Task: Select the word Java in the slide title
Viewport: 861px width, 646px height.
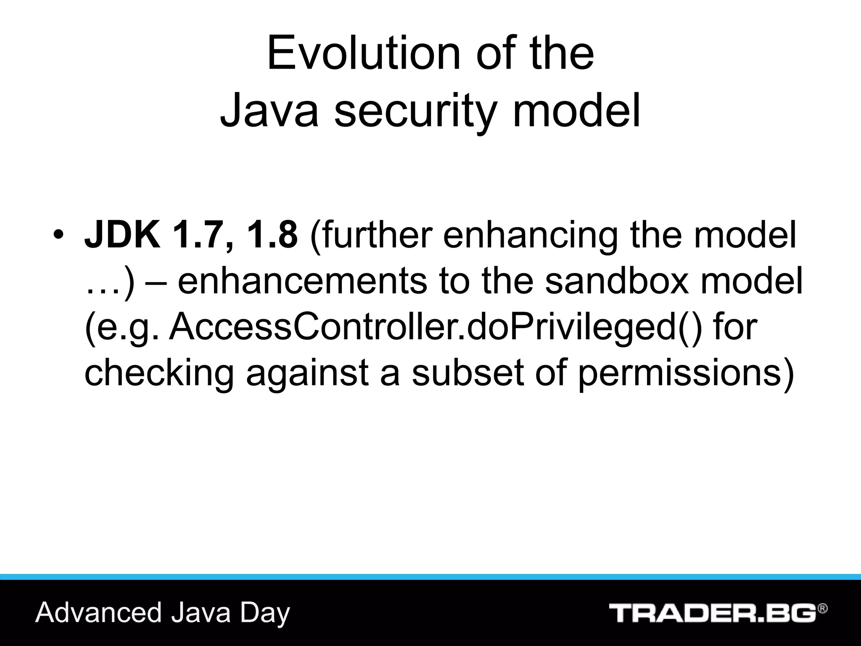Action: click(269, 111)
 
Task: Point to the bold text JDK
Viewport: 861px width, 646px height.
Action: click(122, 235)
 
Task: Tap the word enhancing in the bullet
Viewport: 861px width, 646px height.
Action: click(530, 236)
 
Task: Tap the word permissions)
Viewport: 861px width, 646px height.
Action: click(685, 373)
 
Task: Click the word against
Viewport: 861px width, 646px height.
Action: click(307, 373)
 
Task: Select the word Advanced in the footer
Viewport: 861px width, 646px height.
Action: click(99, 613)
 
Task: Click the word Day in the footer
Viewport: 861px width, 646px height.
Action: click(265, 614)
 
